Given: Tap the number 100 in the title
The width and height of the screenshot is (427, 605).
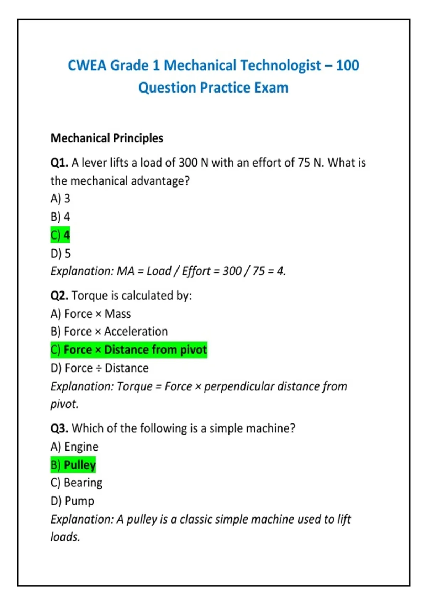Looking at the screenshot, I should tap(347, 65).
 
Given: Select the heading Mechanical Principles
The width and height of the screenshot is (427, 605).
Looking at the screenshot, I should tap(107, 138).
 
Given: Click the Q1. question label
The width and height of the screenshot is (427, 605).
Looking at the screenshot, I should tap(59, 163).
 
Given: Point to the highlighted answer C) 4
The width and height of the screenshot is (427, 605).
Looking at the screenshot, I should tap(60, 235).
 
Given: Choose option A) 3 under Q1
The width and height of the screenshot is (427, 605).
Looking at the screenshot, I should tap(60, 198).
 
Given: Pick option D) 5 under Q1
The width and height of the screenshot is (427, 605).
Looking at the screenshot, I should tap(60, 253).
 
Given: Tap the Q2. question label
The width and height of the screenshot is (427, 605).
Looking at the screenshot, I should tap(59, 295).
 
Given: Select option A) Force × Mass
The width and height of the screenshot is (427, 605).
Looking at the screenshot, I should tap(91, 314).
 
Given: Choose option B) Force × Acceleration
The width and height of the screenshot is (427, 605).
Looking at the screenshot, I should tap(109, 331).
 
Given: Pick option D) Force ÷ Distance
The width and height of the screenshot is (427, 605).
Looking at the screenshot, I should tap(100, 368).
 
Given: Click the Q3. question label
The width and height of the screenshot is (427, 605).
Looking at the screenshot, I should tap(59, 428).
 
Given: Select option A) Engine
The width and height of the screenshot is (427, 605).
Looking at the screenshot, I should tap(74, 447).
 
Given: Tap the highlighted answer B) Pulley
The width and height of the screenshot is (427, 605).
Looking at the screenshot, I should tap(73, 465).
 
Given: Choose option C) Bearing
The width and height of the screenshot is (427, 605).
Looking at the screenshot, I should tap(77, 483).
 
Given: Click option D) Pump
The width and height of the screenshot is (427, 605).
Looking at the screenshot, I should tap(72, 501).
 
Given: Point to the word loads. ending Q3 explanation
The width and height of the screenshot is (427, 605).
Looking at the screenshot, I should tap(65, 537).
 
